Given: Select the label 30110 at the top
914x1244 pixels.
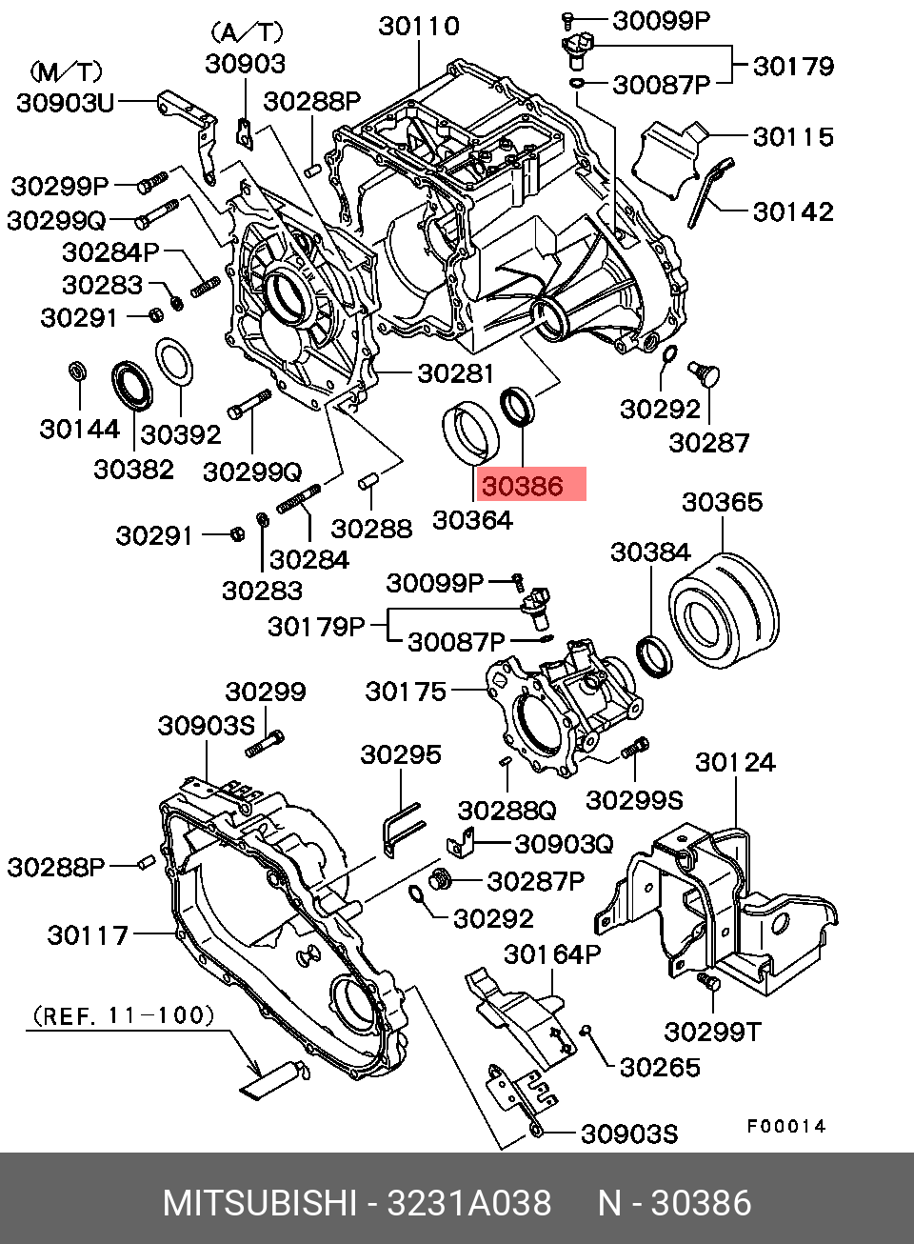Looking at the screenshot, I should [419, 26].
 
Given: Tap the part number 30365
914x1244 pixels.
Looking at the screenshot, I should [723, 501].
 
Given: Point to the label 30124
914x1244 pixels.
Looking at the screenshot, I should [734, 762].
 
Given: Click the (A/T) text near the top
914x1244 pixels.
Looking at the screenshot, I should [245, 32].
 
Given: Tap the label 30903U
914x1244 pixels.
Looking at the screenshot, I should [65, 103].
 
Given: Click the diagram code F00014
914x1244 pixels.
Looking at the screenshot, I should [785, 1126].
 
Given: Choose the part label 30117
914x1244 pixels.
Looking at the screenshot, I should [88, 935].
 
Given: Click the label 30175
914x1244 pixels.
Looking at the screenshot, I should [406, 692].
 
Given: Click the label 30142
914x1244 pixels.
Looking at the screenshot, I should [793, 211].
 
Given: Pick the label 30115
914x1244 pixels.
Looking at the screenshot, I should [793, 136].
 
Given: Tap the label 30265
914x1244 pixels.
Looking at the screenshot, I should [659, 1067].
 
